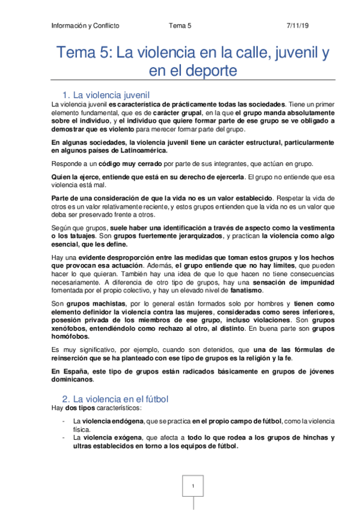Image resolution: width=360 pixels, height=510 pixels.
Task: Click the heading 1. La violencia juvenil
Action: [110, 95]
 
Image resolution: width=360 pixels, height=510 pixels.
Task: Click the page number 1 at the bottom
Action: [193, 486]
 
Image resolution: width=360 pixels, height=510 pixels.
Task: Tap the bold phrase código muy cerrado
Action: [126, 163]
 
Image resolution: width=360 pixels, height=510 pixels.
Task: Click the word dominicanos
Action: [73, 379]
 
